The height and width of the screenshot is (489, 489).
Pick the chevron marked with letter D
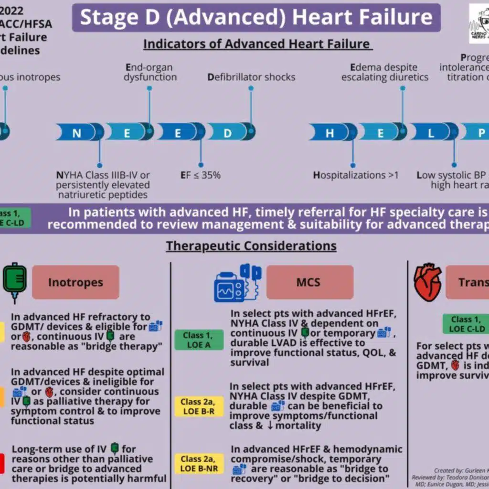coord(228,132)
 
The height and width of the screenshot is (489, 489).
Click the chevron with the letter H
coord(330,132)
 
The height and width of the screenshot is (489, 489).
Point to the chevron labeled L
coord(431,132)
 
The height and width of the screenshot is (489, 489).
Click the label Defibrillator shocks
coord(251,77)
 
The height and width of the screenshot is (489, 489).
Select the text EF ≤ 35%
coord(200,175)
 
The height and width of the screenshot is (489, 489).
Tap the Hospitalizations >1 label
coord(356,175)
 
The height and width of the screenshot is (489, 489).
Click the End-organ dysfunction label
coord(150,72)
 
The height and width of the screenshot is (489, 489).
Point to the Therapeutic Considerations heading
coord(251,246)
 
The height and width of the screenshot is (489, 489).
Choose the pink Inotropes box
coord(75,282)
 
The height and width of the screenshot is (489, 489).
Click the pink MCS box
coord(309,282)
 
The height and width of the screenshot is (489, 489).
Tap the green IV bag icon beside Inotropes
coord(15,282)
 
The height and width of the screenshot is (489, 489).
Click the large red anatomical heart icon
coord(427,282)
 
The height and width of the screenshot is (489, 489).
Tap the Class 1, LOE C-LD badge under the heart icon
coord(467,324)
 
